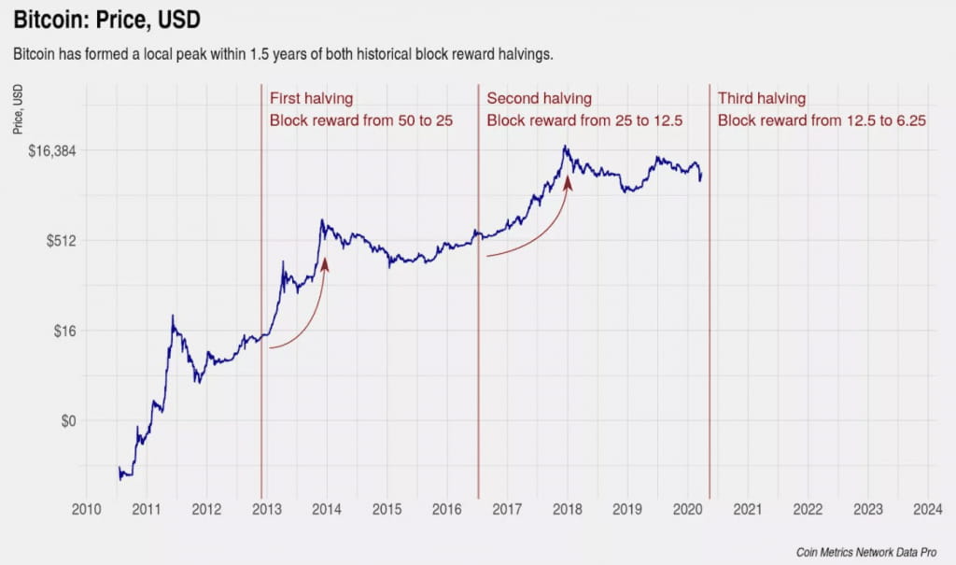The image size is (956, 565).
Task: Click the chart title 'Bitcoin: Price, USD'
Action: [106, 19]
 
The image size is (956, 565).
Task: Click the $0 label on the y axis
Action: [66, 420]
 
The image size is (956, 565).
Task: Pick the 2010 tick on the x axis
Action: [86, 509]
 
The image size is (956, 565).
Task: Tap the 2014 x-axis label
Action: [327, 509]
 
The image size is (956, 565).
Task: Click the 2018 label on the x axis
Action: [567, 509]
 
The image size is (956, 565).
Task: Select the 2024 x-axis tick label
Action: [927, 509]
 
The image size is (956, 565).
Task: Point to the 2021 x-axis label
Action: [747, 509]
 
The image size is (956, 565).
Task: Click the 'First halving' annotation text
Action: [311, 99]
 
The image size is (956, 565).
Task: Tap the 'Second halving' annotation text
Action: [539, 99]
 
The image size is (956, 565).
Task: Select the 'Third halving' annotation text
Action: [761, 99]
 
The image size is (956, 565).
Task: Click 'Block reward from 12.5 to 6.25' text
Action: [821, 120]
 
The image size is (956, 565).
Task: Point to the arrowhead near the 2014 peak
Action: [325, 265]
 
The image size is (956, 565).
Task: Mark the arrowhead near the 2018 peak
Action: [567, 183]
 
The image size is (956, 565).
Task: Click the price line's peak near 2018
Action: [566, 147]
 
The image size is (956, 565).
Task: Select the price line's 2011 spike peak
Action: [173, 316]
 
